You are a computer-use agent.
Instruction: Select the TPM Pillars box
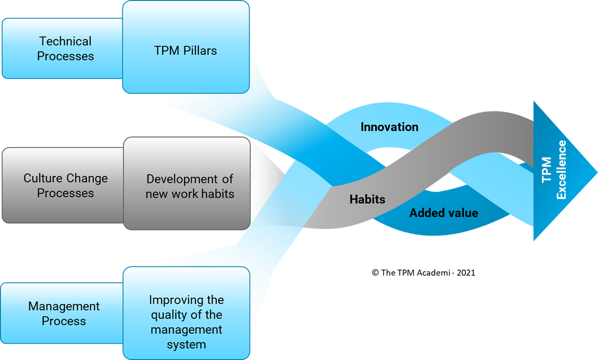tap(186, 51)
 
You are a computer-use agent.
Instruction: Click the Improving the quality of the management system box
tap(186, 322)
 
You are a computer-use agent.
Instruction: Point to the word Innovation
tap(389, 127)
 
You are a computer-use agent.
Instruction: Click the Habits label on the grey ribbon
tap(367, 199)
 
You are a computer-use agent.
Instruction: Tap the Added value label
tap(443, 213)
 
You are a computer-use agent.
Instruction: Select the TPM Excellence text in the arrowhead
tap(554, 170)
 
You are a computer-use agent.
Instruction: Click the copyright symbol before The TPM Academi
tap(375, 273)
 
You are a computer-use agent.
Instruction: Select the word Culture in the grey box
tap(43, 178)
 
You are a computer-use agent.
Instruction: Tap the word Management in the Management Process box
tap(64, 306)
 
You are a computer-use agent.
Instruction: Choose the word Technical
tap(65, 42)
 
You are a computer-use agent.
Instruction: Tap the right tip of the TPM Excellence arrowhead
tap(596, 170)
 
